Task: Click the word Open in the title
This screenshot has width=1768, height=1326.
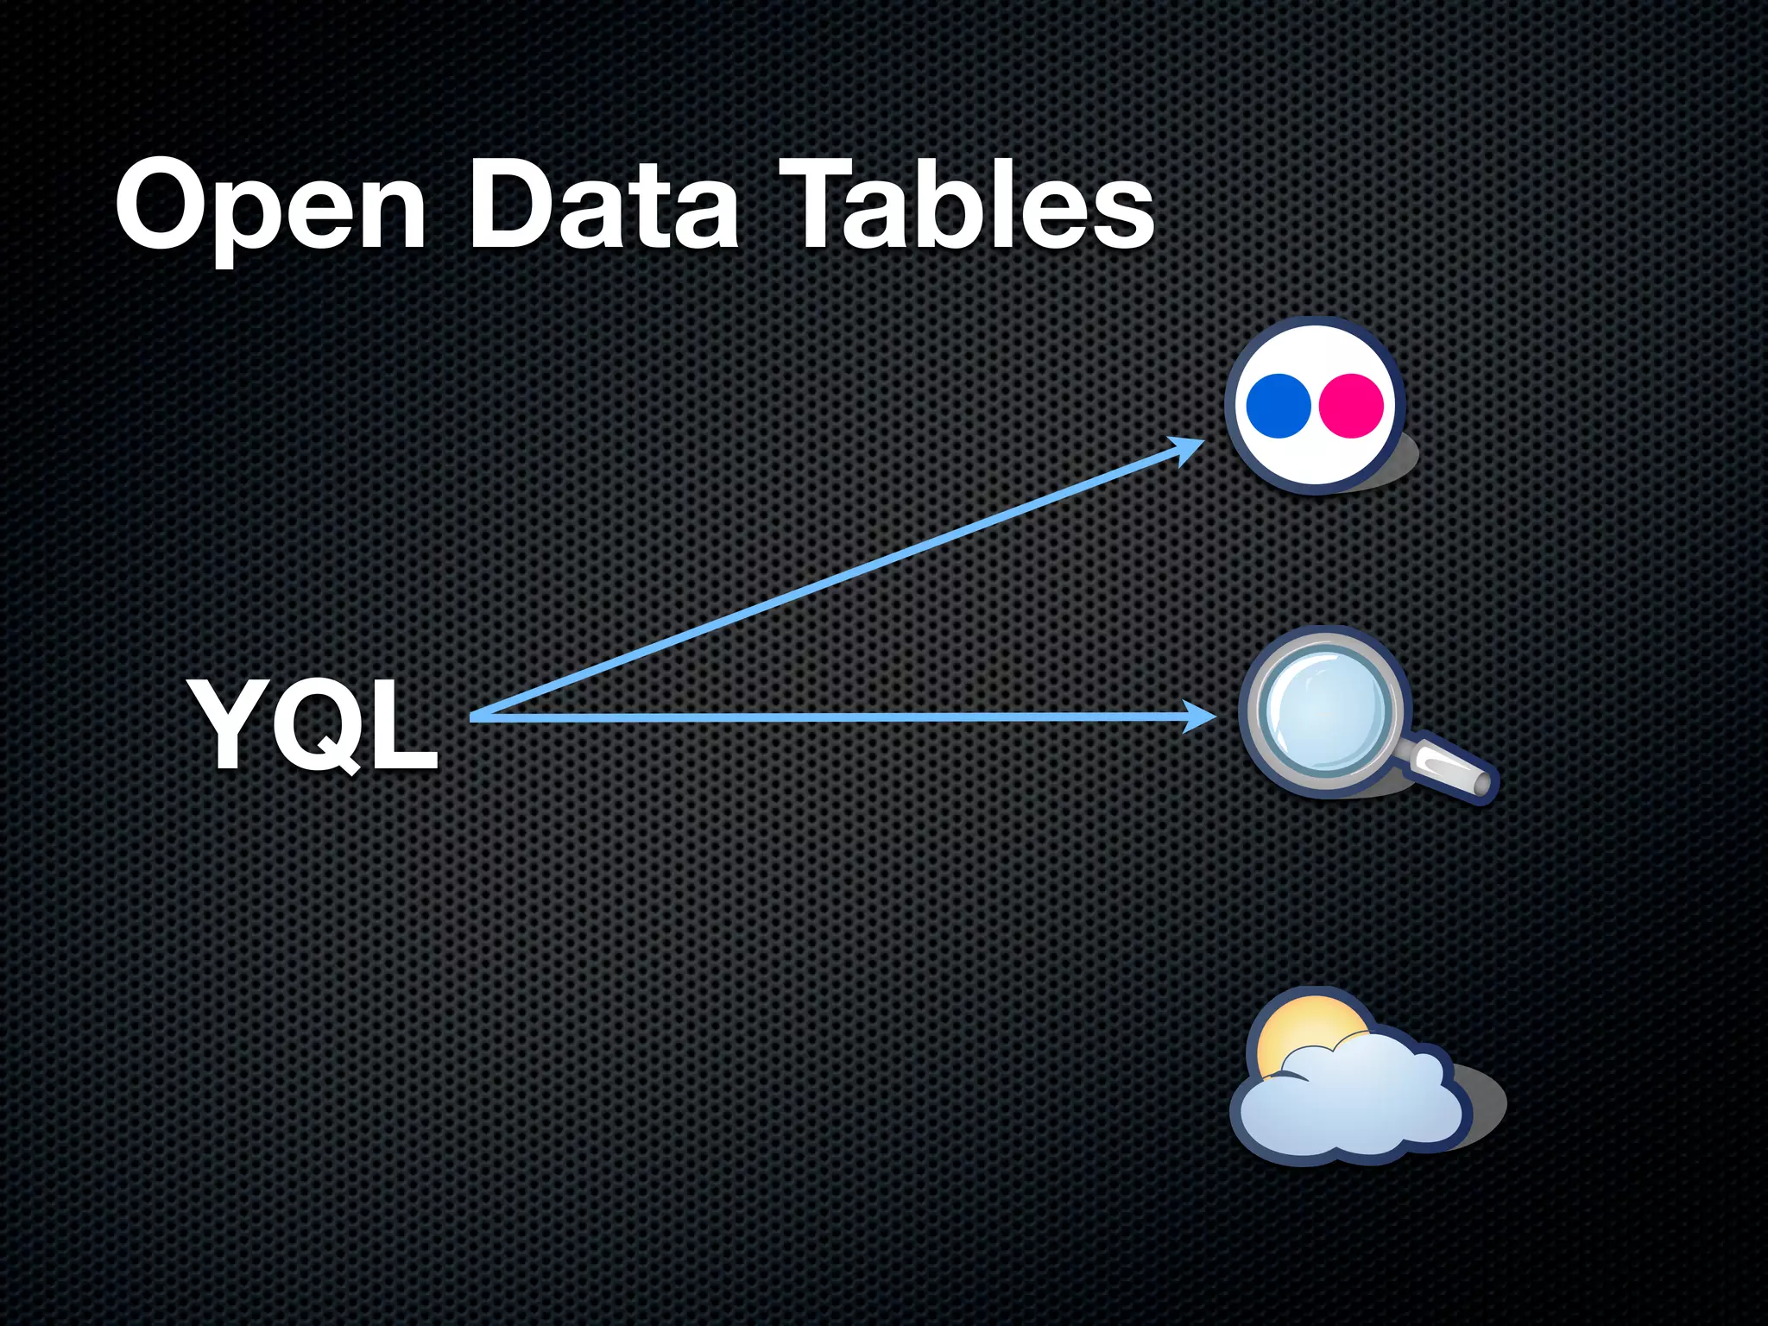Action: coord(270,207)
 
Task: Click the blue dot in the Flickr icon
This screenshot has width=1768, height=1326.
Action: coord(1279,405)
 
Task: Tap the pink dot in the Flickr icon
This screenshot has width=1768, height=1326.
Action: coord(1352,405)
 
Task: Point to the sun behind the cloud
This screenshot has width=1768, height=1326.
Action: coord(1304,1032)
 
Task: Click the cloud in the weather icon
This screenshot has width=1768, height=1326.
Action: coord(1351,1101)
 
